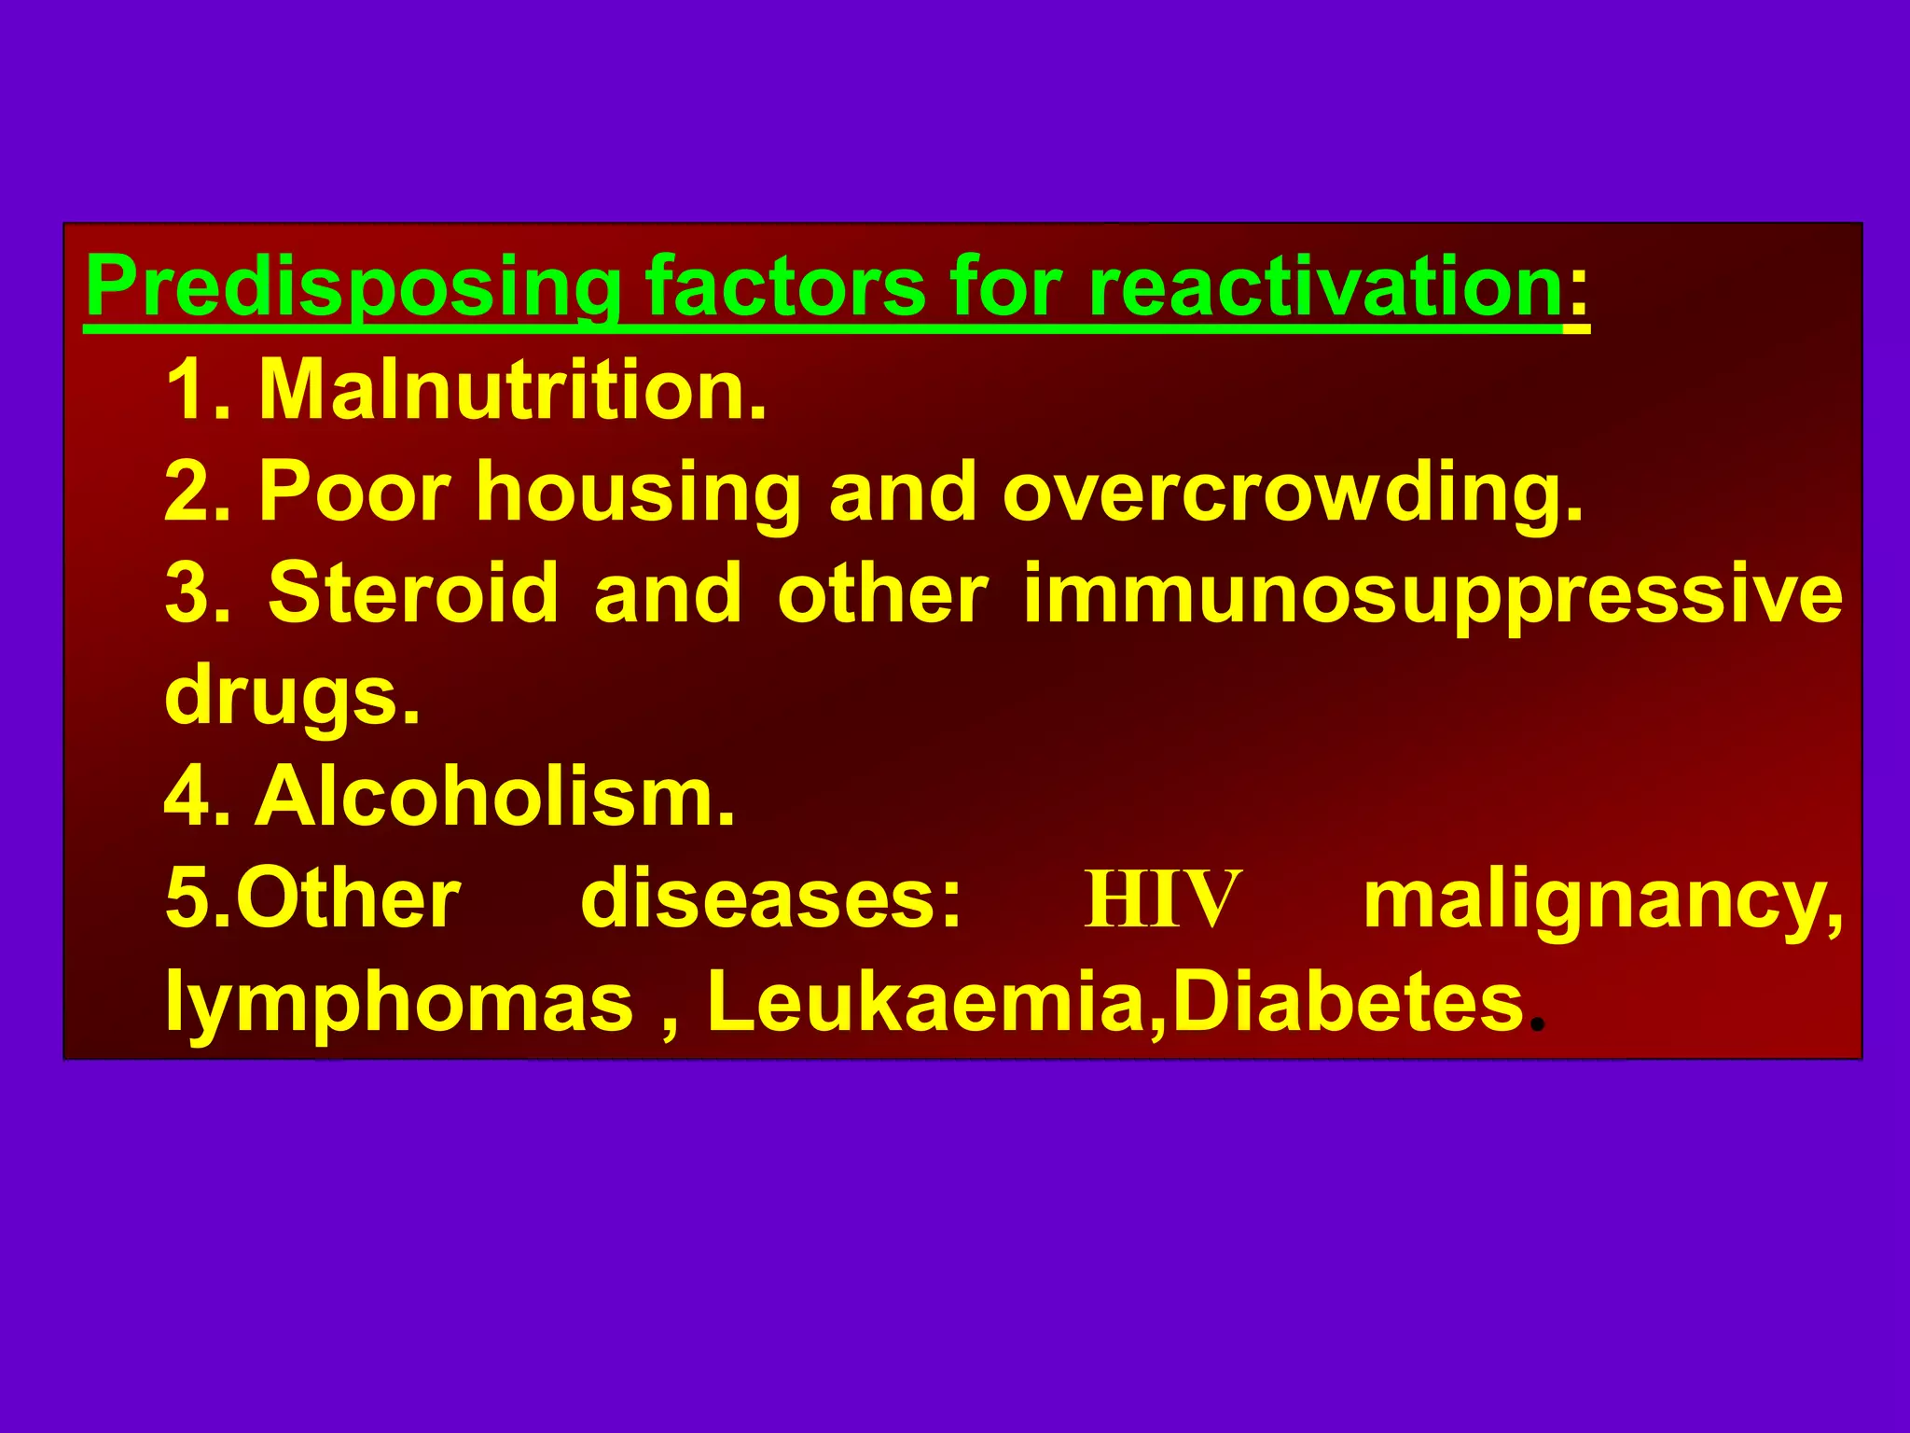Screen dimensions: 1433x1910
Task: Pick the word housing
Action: [x=638, y=494]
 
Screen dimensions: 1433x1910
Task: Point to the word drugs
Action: [x=291, y=697]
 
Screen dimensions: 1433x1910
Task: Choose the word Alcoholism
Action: [x=495, y=797]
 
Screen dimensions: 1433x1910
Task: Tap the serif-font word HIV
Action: [x=1162, y=899]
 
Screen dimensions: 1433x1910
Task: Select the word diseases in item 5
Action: [x=770, y=899]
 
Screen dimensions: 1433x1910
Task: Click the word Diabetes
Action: [x=1348, y=1002]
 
